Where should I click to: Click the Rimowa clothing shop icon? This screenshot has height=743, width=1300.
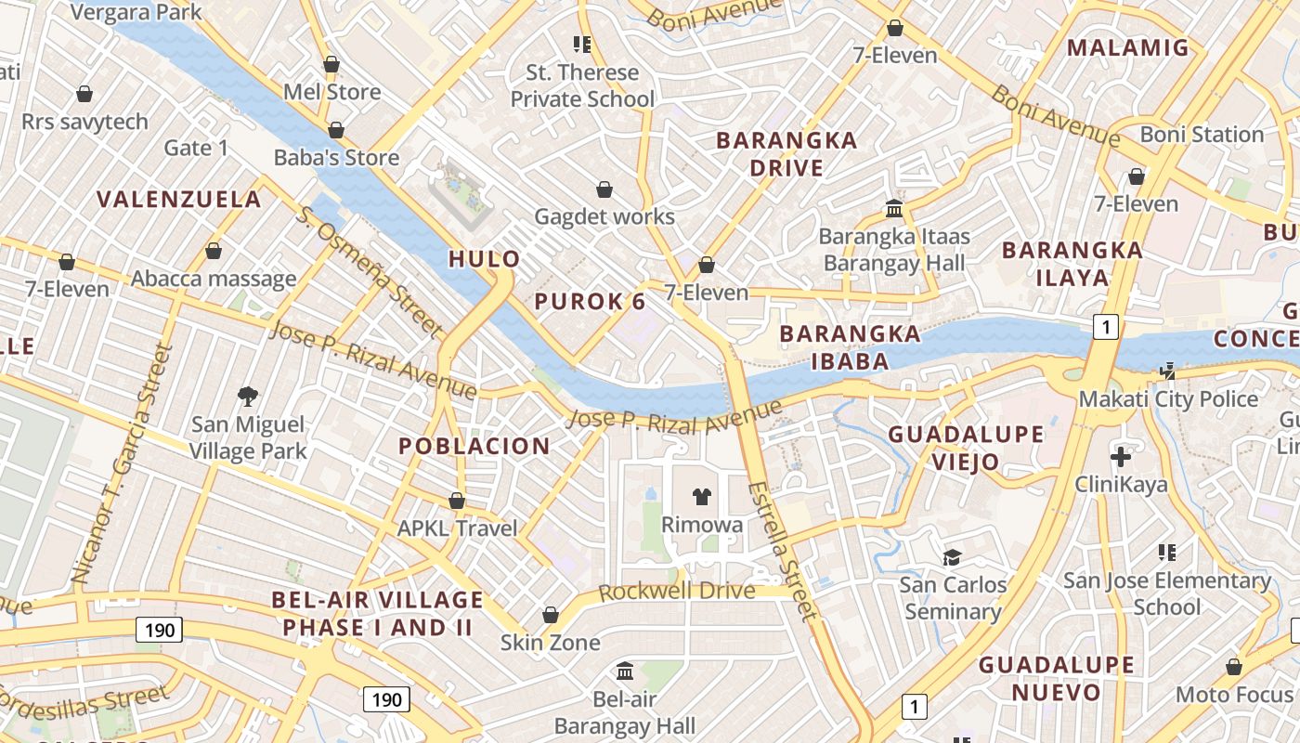point(701,497)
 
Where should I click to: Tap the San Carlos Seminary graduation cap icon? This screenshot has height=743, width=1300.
point(952,557)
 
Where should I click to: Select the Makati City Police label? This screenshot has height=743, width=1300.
point(1167,399)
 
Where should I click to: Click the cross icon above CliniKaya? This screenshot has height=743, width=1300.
point(1121,457)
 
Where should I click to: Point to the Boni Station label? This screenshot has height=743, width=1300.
point(1202,135)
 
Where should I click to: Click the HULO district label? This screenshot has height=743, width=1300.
point(484,259)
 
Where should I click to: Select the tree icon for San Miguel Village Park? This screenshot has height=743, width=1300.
point(247,397)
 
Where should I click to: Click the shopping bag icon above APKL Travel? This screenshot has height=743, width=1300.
point(456,501)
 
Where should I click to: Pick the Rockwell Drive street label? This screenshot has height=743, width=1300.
point(677,592)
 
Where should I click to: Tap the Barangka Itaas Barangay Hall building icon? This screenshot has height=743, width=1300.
point(894,208)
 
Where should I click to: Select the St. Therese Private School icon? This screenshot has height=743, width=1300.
point(582,44)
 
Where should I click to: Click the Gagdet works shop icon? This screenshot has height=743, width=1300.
point(604,189)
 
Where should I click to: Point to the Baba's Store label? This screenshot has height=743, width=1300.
point(336,158)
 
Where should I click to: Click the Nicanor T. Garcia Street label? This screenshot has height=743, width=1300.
point(123,464)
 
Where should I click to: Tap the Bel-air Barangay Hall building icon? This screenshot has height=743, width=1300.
point(625,671)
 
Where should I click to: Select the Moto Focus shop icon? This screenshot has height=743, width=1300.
point(1233,667)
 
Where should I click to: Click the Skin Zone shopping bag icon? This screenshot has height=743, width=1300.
point(550,615)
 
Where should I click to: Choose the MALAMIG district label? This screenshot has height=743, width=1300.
point(1127,47)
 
